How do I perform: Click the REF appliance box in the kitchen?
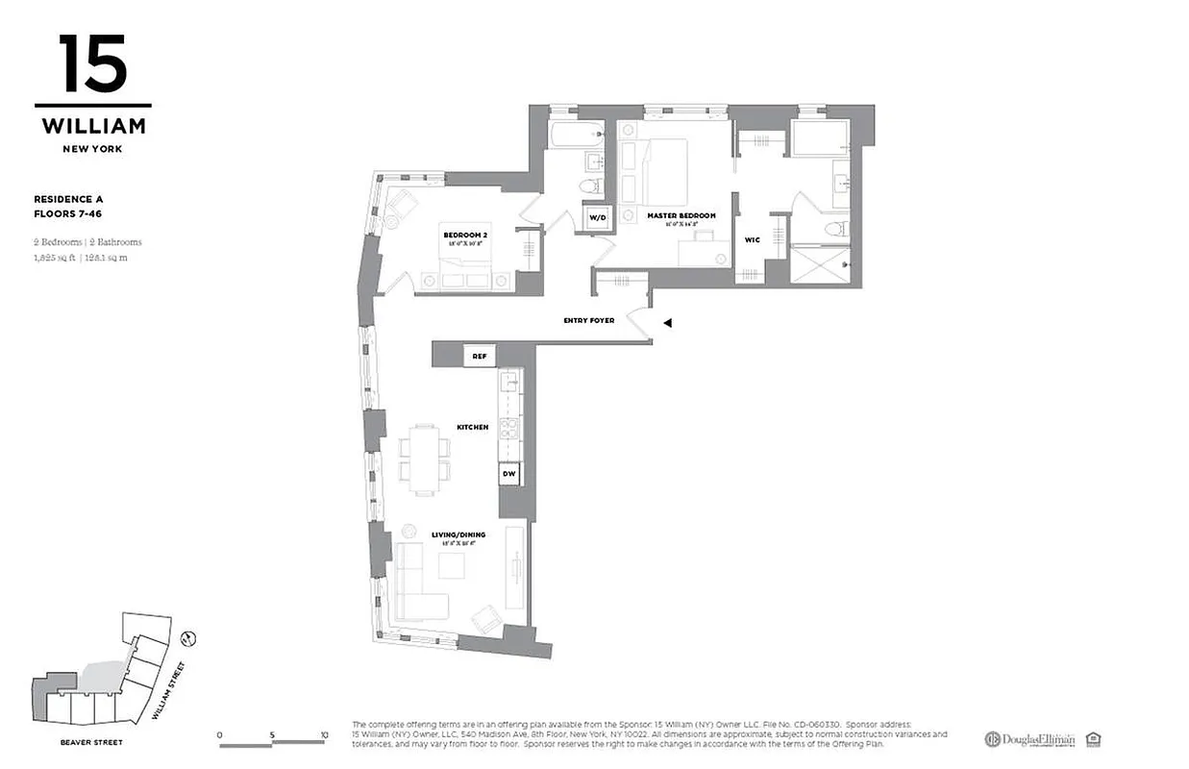(x=479, y=356)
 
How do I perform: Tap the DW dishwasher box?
(x=509, y=473)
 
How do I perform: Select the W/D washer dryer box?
(x=598, y=218)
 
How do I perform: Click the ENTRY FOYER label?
(x=588, y=320)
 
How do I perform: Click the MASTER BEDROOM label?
(x=681, y=215)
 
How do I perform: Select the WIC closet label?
(x=753, y=239)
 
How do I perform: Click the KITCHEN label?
(x=473, y=427)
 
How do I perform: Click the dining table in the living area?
(x=424, y=458)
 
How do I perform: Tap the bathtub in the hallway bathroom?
(x=575, y=135)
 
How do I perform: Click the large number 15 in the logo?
(x=92, y=64)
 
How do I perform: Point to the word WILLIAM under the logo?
(x=93, y=126)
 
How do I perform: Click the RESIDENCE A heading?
(x=69, y=199)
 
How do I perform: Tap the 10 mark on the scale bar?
(x=324, y=735)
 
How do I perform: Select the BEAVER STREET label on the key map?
(x=92, y=742)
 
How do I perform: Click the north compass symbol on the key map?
(x=189, y=637)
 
